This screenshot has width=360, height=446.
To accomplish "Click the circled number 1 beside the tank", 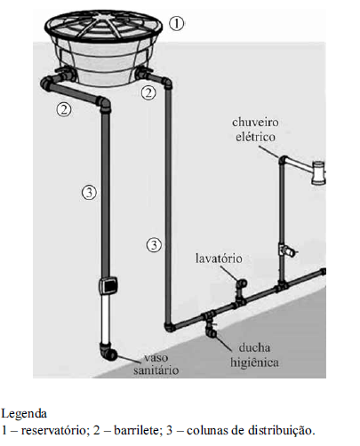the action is (x=177, y=23).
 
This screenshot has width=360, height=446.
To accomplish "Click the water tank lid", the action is (x=103, y=26).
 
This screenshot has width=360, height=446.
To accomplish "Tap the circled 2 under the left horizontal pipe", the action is (x=64, y=109).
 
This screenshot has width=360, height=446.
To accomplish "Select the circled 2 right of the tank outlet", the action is (x=148, y=92).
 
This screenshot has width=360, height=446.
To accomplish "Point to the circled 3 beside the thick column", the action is (x=89, y=193).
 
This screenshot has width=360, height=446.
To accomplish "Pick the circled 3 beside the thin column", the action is (x=154, y=245).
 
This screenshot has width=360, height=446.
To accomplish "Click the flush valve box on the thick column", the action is (x=108, y=285).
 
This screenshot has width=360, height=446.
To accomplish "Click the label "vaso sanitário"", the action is (x=156, y=364).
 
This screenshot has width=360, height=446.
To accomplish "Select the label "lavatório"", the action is (x=219, y=259).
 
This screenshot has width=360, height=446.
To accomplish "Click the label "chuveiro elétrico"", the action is (x=255, y=130).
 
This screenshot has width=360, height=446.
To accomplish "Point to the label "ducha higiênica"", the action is (x=254, y=355).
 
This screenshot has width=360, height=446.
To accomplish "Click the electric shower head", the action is (x=319, y=172).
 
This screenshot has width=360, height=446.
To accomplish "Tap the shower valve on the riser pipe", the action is (x=286, y=251).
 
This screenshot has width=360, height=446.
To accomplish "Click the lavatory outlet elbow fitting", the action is (x=241, y=283).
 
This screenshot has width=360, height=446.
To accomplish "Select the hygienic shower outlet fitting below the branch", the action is (x=212, y=331).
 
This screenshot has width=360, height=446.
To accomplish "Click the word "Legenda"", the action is (x=24, y=413).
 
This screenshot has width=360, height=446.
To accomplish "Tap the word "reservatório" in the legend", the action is (x=54, y=430).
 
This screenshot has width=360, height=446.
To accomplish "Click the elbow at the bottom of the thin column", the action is (x=169, y=327).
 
